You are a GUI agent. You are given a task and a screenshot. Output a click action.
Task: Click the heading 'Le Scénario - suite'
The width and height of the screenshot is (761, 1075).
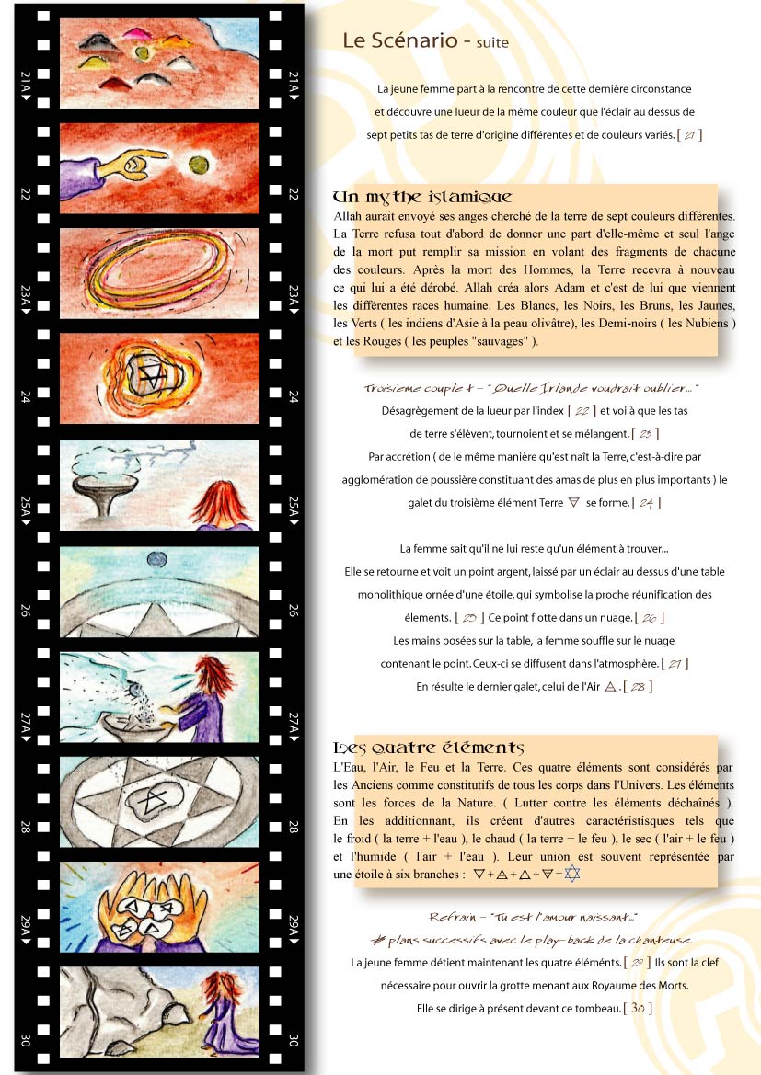(x=425, y=40)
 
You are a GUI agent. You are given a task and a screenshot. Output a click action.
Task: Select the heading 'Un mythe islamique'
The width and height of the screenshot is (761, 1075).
(x=422, y=198)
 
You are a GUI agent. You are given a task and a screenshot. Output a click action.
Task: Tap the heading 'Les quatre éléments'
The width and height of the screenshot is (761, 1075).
(x=428, y=748)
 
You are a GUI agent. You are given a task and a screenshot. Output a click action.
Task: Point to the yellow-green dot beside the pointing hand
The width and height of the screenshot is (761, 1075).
(x=199, y=165)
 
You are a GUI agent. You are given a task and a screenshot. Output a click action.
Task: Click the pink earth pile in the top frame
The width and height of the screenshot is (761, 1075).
(x=137, y=33)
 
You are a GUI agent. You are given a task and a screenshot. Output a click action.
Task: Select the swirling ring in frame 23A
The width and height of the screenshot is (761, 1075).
(x=158, y=270)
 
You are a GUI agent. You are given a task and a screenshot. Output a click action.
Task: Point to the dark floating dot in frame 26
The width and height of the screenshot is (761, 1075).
(x=157, y=559)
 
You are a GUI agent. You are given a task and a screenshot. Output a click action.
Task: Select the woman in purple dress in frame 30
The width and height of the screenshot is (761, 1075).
(x=222, y=1013)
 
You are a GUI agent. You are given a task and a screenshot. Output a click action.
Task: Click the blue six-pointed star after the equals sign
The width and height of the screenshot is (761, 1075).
(x=571, y=874)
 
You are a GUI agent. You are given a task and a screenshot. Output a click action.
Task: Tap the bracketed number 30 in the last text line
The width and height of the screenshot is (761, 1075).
(x=638, y=1008)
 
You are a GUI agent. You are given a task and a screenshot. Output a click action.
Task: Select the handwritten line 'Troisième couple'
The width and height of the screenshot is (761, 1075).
(x=411, y=389)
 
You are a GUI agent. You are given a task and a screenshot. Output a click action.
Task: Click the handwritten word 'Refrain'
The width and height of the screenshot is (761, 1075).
(x=454, y=917)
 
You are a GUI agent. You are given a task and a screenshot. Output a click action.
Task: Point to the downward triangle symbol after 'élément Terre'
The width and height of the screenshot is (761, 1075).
(x=574, y=502)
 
